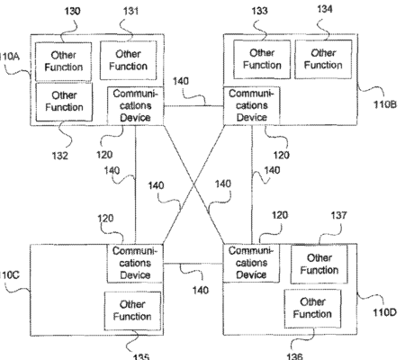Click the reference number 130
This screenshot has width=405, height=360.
tap(73, 12)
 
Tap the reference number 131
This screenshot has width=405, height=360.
tap(130, 11)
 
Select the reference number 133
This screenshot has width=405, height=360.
tap(259, 11)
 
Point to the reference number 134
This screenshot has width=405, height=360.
tap(325, 9)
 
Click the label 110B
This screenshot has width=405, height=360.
tap(385, 104)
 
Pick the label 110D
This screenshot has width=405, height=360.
tap(384, 313)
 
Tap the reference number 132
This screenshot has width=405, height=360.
tap(60, 156)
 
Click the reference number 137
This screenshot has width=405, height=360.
tap(338, 215)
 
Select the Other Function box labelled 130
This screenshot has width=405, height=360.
tap(64, 61)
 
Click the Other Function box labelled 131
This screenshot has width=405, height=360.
tap(128, 60)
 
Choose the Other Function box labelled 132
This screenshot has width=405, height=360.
tap(64, 102)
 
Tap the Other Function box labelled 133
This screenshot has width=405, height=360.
tap(262, 59)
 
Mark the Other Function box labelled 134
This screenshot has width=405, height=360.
tap(323, 59)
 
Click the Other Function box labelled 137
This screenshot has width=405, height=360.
tap(319, 264)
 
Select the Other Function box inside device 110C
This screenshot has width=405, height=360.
tap(132, 310)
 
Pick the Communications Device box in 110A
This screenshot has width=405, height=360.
tap(135, 105)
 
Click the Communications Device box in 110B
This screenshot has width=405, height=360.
tap(252, 105)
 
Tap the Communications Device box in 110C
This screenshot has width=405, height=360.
tap(135, 264)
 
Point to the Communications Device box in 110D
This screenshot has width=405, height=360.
tap(251, 263)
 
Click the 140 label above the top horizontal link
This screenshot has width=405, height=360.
tap(181, 81)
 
